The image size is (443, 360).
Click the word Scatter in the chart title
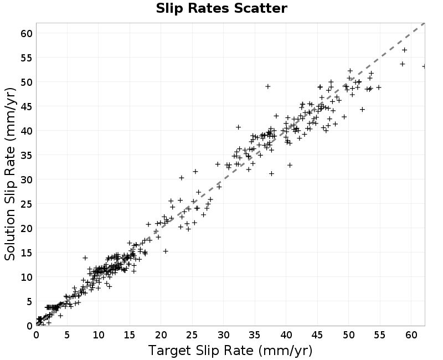click(x=260, y=8)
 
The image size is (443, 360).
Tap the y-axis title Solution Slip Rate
click(x=10, y=174)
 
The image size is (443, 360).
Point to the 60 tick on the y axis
click(x=27, y=33)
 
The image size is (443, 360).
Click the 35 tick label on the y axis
click(x=27, y=155)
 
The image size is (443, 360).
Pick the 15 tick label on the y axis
click(x=27, y=253)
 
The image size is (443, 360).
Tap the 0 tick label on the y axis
click(x=30, y=326)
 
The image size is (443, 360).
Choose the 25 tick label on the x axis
click(x=192, y=335)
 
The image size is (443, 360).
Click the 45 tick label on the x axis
click(x=317, y=335)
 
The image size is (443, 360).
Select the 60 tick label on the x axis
click(x=411, y=335)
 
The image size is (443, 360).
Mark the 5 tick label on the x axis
click(x=67, y=335)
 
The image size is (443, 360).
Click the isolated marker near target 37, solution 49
click(x=268, y=86)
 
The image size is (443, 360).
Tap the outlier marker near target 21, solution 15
click(x=166, y=251)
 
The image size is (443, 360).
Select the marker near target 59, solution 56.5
click(x=404, y=50)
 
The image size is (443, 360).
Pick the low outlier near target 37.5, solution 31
click(x=271, y=173)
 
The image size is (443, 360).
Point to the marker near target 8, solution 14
click(x=85, y=258)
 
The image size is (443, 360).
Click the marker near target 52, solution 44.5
click(x=362, y=109)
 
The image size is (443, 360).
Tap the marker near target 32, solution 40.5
click(x=238, y=127)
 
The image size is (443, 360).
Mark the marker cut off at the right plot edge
click(x=424, y=66)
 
